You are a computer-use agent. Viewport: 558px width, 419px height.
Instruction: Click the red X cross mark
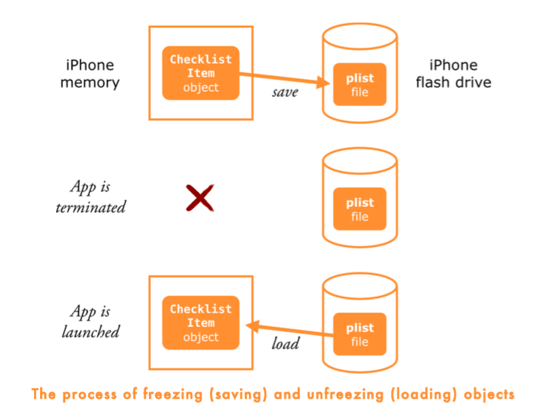click(200, 198)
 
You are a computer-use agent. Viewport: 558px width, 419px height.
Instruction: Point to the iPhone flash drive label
click(453, 74)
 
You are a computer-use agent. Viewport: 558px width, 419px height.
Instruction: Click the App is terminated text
click(90, 197)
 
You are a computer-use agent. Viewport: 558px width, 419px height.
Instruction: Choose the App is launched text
click(90, 322)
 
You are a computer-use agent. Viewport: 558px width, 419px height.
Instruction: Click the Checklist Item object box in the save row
click(200, 73)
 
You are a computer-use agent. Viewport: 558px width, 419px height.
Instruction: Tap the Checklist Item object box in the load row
click(200, 323)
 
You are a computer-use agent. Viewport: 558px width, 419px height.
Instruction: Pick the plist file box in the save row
click(360, 85)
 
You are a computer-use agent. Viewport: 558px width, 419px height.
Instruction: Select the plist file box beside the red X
click(360, 209)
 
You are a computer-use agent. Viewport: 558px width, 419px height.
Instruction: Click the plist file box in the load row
click(360, 334)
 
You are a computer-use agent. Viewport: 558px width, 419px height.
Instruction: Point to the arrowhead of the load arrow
click(252, 326)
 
